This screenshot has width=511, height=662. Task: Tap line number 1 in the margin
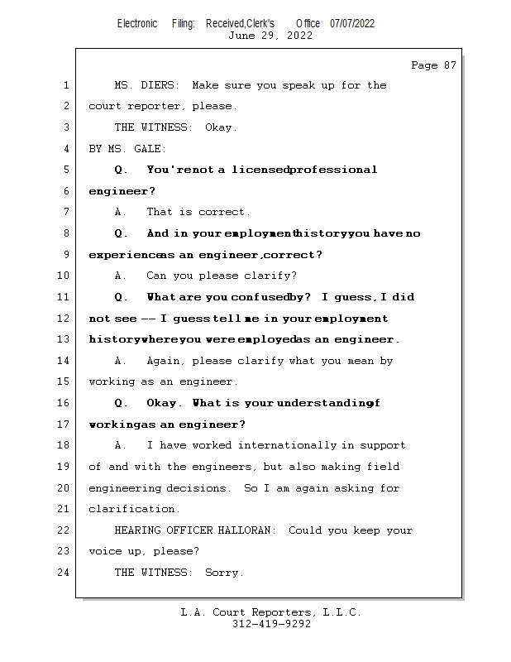(65, 85)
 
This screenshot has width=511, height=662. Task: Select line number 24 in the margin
(63, 573)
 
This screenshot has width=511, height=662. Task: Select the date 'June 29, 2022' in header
(270, 36)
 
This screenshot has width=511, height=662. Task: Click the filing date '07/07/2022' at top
(352, 23)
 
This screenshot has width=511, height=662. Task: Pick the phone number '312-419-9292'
(271, 624)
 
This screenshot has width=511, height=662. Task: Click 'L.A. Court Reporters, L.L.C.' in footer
(271, 612)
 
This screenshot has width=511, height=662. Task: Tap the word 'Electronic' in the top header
(137, 23)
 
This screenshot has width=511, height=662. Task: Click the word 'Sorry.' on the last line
(224, 573)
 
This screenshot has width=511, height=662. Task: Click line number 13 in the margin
(63, 339)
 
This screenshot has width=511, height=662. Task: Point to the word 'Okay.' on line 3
(221, 127)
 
